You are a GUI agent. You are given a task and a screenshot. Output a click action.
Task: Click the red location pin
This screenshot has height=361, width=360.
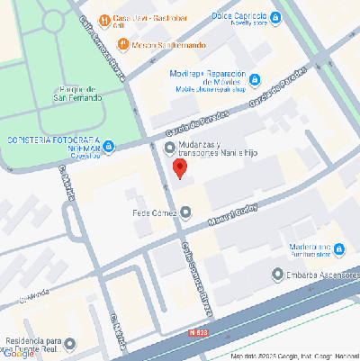pyautogui.click(x=178, y=171)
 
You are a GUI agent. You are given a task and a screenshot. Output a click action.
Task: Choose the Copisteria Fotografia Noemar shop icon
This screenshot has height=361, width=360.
pyautogui.click(x=108, y=145)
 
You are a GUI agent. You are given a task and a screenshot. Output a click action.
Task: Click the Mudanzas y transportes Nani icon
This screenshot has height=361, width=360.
pyautogui.click(x=169, y=147)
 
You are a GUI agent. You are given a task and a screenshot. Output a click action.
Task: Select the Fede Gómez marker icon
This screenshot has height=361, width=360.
pyautogui.click(x=185, y=213)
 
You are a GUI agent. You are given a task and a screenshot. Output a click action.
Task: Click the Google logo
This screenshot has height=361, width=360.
pyautogui.click(x=19, y=354)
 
